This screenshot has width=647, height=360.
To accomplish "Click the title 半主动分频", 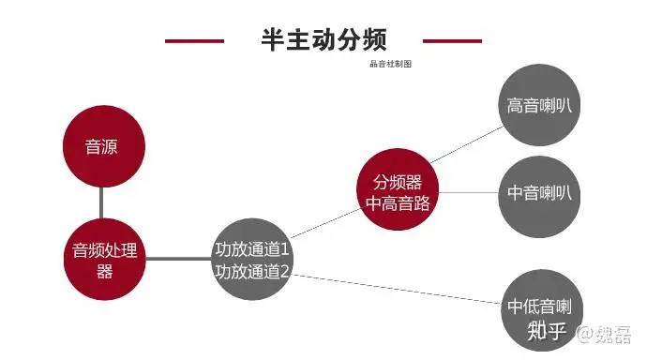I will pyautogui.click(x=323, y=39).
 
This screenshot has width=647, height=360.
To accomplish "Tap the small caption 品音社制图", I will pyautogui.click(x=391, y=65).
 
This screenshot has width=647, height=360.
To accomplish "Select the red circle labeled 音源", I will pyautogui.click(x=101, y=146).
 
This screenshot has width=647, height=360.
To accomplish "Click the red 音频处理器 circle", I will pyautogui.click(x=104, y=260).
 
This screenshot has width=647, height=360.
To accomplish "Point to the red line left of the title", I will pyautogui.click(x=194, y=40).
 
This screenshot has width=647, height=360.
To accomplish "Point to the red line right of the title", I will pyautogui.click(x=452, y=40).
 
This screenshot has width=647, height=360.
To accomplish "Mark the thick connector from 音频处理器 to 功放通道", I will pyautogui.click(x=178, y=259).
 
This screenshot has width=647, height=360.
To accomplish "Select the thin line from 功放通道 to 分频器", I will pyautogui.click(x=324, y=223).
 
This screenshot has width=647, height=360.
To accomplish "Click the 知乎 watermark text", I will pyautogui.click(x=546, y=330).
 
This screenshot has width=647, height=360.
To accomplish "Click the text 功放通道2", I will pyautogui.click(x=252, y=272).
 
